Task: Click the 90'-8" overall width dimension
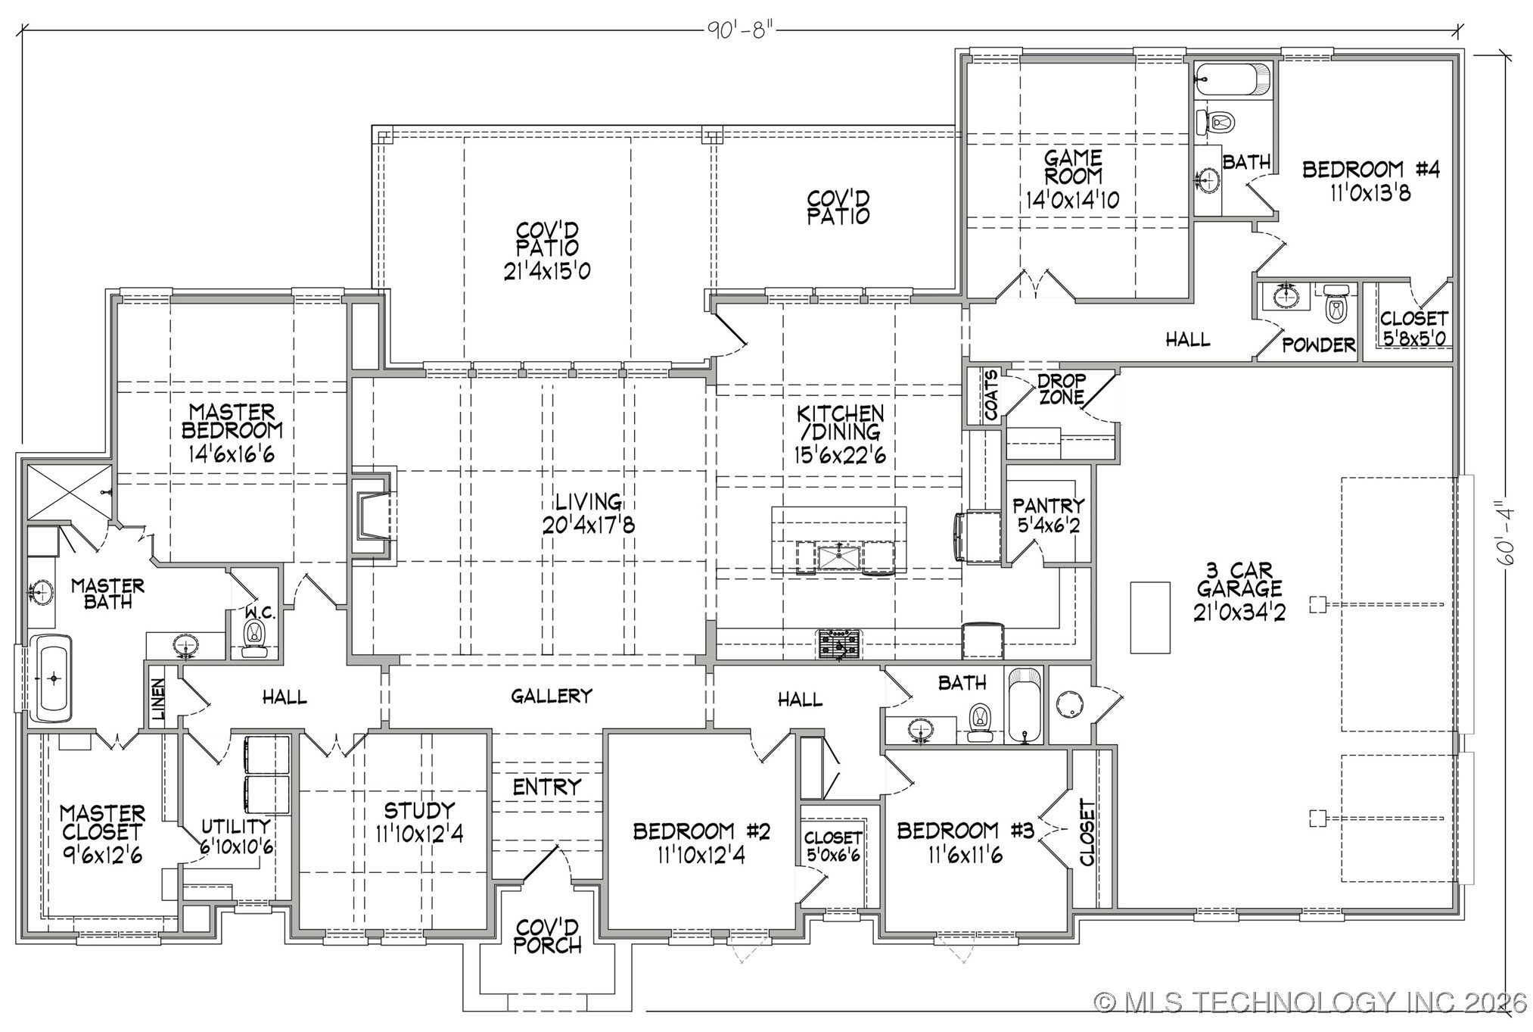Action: click(x=740, y=30)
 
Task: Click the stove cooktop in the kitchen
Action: click(x=838, y=644)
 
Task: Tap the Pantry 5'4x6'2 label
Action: click(x=1048, y=515)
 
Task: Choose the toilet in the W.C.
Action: click(x=255, y=634)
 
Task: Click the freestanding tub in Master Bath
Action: click(x=53, y=678)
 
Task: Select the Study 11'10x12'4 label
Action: click(x=419, y=822)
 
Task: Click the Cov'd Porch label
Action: click(x=548, y=936)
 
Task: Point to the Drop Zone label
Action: click(x=1061, y=389)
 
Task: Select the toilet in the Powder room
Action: click(x=1336, y=306)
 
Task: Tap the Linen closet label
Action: click(x=158, y=697)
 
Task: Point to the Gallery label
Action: click(x=551, y=696)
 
